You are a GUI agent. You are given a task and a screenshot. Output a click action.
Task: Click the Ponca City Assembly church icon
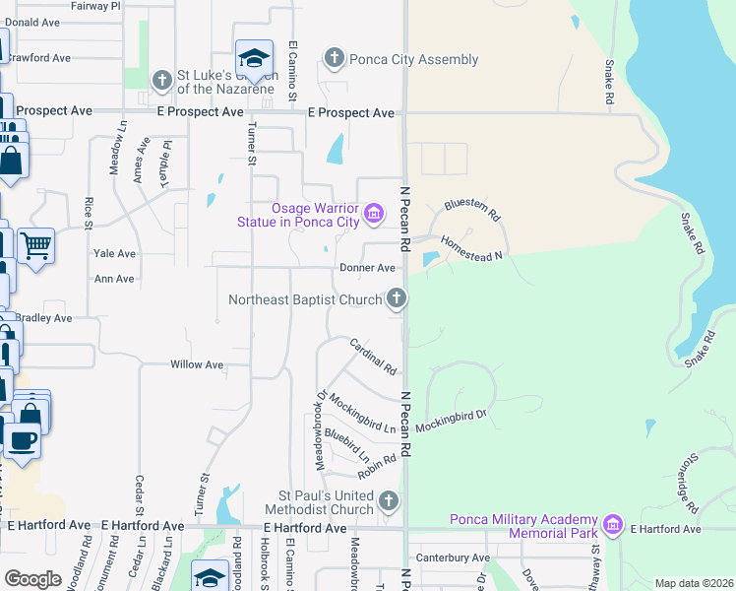pyautogui.click(x=335, y=59)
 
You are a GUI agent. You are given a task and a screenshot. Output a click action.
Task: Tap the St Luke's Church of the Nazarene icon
pyautogui.click(x=162, y=78)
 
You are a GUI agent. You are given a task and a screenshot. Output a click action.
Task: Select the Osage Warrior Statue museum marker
pyautogui.click(x=373, y=213)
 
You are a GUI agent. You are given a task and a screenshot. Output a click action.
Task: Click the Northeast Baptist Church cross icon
pyautogui.click(x=396, y=297)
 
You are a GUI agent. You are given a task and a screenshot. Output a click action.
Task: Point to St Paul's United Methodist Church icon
pyautogui.click(x=389, y=501)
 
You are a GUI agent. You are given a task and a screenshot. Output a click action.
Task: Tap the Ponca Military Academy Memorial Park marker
pyautogui.click(x=613, y=522)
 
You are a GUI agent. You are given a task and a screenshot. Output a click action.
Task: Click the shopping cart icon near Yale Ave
pyautogui.click(x=35, y=245)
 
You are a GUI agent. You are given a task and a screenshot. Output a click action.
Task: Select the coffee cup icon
pyautogui.click(x=22, y=439)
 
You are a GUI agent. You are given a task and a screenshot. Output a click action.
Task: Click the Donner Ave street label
pyautogui.click(x=366, y=268)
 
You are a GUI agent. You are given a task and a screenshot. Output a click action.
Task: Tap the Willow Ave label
pyautogui.click(x=197, y=364)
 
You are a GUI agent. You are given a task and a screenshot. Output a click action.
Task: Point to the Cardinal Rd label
pyautogui.click(x=373, y=357)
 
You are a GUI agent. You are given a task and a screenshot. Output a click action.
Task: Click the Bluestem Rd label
pyautogui.click(x=472, y=209)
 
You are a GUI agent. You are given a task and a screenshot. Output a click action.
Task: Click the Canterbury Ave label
pyautogui.click(x=453, y=558)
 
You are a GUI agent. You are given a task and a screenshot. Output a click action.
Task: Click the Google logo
pyautogui.click(x=33, y=579)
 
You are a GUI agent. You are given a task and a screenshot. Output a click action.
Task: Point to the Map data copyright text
pyautogui.click(x=694, y=583)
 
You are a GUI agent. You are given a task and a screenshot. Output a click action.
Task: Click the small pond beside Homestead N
pyautogui.click(x=430, y=259)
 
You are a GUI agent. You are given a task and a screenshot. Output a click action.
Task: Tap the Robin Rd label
pyautogui.click(x=377, y=466)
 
